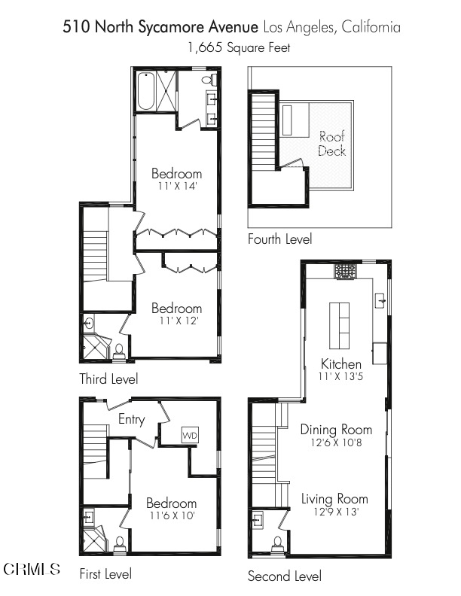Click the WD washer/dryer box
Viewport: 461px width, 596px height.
coord(190,435)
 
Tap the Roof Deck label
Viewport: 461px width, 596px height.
coord(331,143)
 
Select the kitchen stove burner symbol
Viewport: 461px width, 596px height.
coord(345,272)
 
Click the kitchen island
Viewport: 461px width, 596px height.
coord(339,325)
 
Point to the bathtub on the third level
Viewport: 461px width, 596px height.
coord(146,91)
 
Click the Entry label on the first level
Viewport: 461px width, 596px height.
coord(132,420)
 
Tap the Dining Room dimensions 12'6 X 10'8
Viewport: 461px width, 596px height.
coord(336,442)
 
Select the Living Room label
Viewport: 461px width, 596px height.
coord(334,498)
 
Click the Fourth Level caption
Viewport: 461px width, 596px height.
coord(279,239)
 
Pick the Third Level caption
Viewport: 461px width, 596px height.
coord(108,379)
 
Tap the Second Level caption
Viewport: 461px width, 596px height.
coord(285,576)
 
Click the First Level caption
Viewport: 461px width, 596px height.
coord(105,573)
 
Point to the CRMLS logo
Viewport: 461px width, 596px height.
coord(32,569)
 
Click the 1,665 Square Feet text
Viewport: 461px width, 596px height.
coord(239,47)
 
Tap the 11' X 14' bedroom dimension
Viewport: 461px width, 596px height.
coord(177,187)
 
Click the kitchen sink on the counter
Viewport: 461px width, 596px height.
coord(380,300)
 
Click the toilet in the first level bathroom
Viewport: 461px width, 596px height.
coord(120,543)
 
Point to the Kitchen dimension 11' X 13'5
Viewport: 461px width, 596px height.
coord(340,376)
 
